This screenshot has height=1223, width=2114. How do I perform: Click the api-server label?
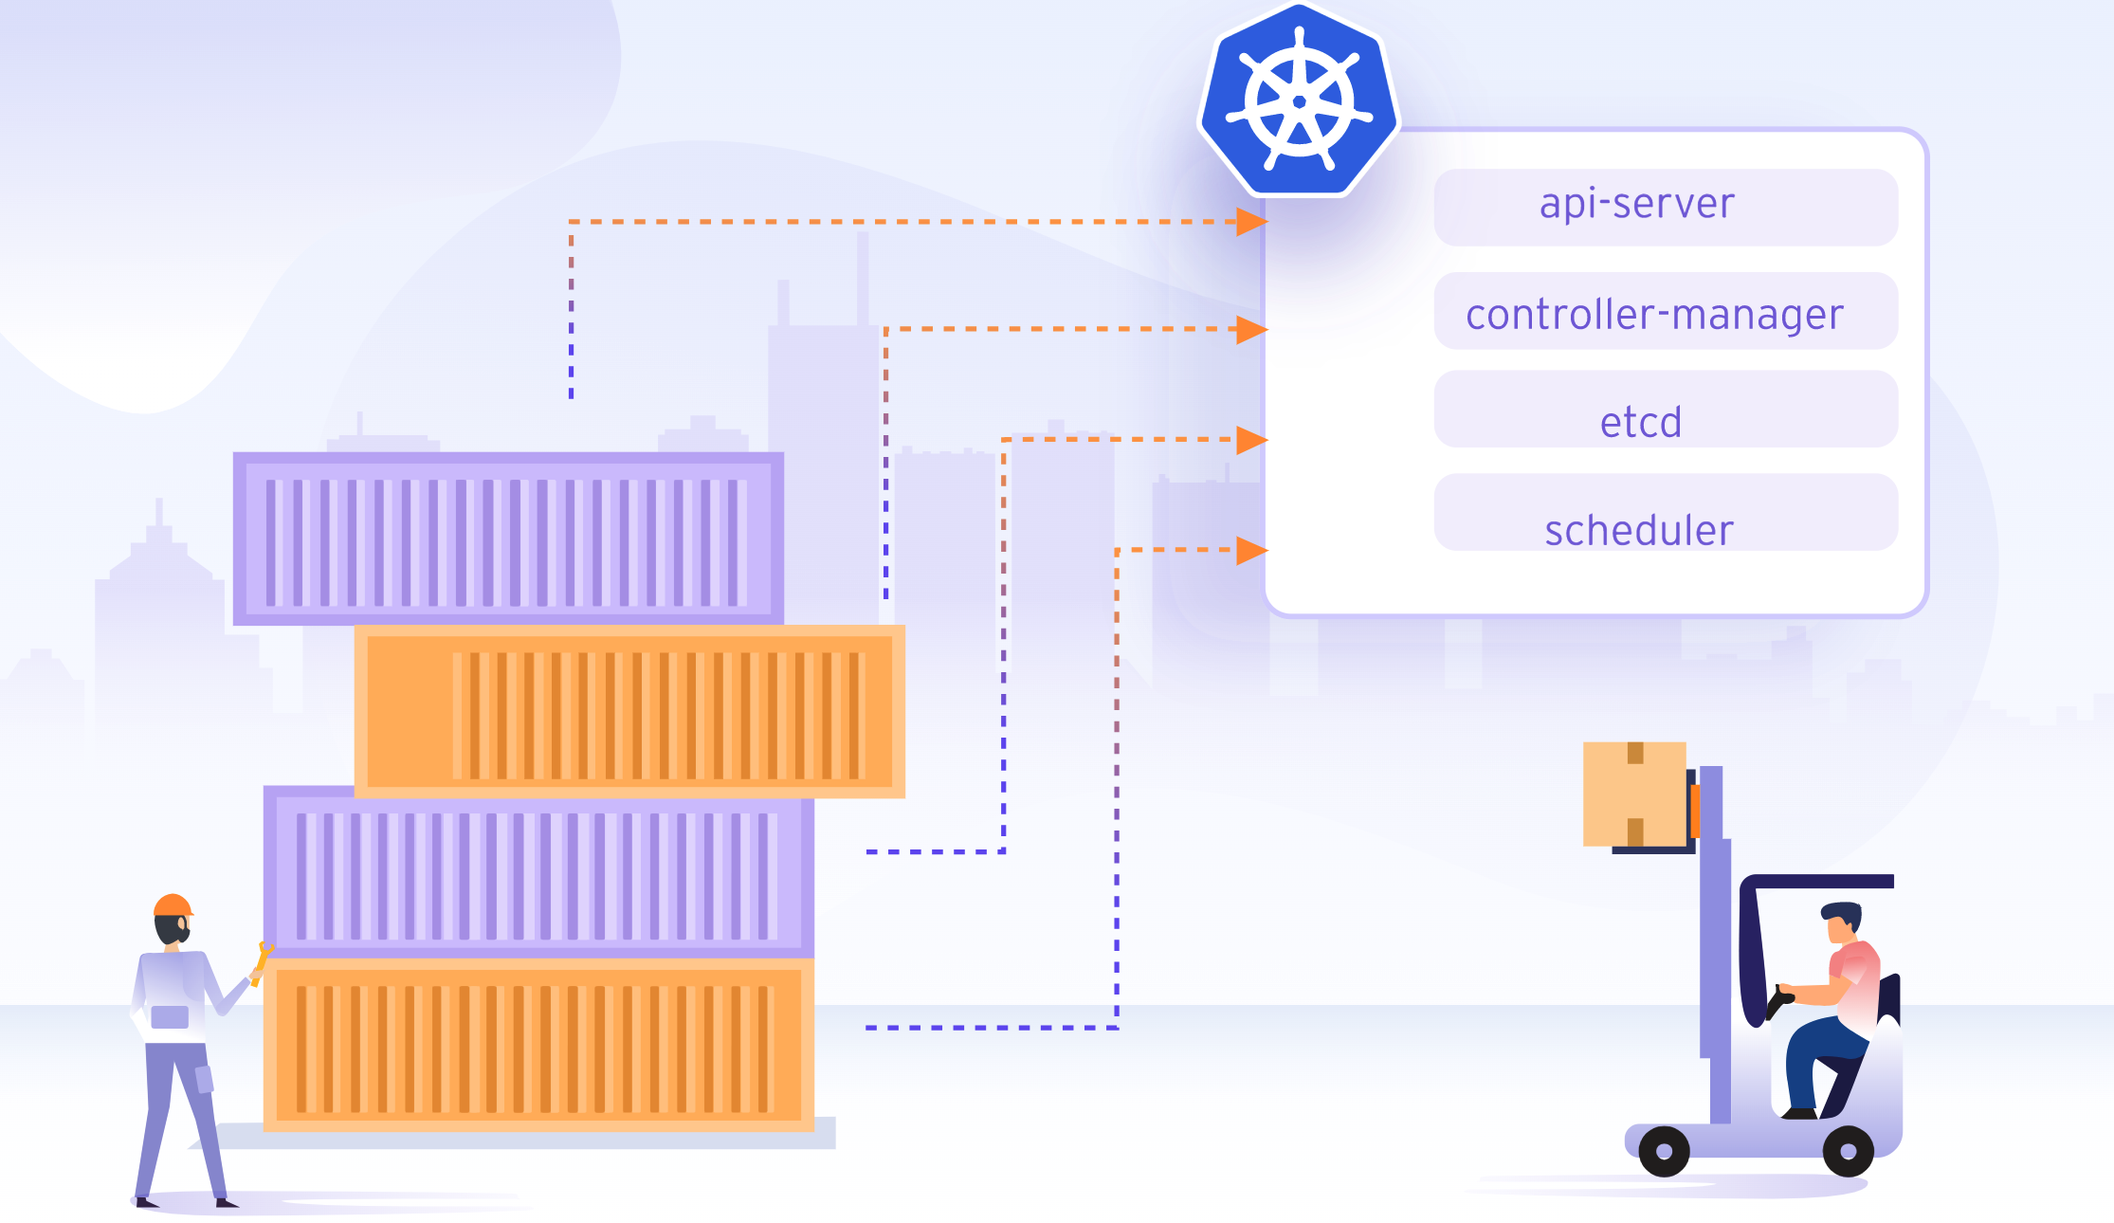(x=1637, y=204)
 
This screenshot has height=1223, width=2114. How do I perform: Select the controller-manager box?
(x=1666, y=311)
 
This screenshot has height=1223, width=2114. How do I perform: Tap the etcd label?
(x=1641, y=422)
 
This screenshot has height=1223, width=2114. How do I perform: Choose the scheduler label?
(x=1639, y=530)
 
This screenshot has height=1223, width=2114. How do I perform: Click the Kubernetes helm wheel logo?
(x=1299, y=100)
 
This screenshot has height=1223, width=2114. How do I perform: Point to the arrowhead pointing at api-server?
(x=1252, y=222)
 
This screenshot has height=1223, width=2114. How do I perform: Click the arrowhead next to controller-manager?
(x=1252, y=329)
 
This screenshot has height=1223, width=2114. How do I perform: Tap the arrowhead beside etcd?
(x=1252, y=440)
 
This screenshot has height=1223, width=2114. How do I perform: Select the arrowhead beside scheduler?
(x=1252, y=550)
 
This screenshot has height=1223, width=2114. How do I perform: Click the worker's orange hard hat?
(x=173, y=904)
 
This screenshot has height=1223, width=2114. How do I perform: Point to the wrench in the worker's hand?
(x=262, y=963)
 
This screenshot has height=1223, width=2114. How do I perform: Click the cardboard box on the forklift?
(x=1634, y=794)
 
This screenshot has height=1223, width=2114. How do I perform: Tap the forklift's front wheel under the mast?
(x=1664, y=1151)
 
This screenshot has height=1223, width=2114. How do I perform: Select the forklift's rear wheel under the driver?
(x=1848, y=1151)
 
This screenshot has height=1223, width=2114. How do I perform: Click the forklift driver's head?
(x=1842, y=922)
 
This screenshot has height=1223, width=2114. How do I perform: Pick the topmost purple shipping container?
(x=508, y=538)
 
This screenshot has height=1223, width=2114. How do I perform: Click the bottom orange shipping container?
(x=538, y=1045)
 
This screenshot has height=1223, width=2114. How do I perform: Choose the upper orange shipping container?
(x=629, y=711)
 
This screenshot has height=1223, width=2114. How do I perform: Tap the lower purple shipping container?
(x=538, y=872)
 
